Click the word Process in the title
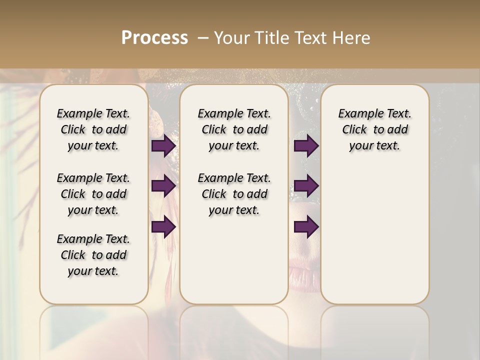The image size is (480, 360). [154, 38]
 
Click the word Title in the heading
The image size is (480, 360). [270, 38]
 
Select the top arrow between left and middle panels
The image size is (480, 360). [163, 146]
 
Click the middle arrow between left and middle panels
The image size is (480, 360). [163, 186]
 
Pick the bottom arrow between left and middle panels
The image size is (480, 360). [163, 227]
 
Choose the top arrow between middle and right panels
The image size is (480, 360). [306, 146]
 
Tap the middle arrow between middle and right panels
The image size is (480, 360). [306, 186]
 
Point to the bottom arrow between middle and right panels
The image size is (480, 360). [306, 227]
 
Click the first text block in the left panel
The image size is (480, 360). [93, 129]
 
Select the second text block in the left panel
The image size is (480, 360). [93, 194]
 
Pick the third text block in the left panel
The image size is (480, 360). [93, 255]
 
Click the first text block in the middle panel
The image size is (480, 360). [234, 129]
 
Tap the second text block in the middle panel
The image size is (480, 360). [234, 194]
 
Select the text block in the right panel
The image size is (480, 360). [375, 129]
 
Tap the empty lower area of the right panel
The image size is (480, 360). [375, 235]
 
